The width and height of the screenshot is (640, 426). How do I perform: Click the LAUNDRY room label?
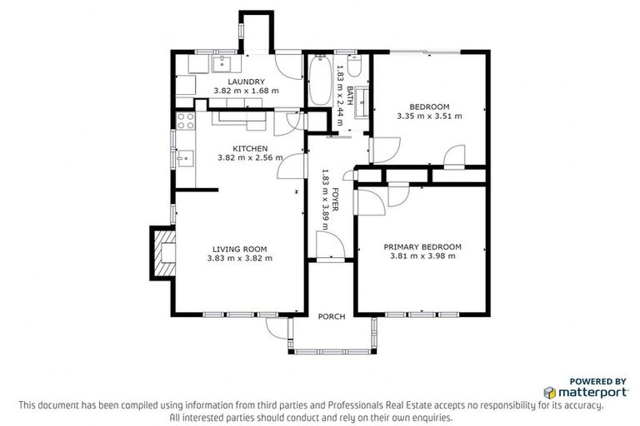pos(246,82)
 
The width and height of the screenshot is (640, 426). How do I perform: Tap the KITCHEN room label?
pos(249,148)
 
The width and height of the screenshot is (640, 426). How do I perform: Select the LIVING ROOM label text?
pos(239,248)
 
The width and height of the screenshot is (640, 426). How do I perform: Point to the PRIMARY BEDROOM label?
pos(422,246)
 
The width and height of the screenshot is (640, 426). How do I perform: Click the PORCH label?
pos(331,317)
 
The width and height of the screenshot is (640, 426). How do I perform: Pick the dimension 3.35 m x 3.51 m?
pos(429,116)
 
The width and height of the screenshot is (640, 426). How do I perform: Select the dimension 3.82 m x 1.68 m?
pos(246,91)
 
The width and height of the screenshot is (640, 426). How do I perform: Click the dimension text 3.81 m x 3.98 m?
pos(422,256)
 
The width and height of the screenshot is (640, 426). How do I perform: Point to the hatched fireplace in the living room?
pos(162,252)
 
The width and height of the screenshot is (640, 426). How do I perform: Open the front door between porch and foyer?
pos(329,245)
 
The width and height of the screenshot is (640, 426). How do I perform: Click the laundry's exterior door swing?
pos(287,64)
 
